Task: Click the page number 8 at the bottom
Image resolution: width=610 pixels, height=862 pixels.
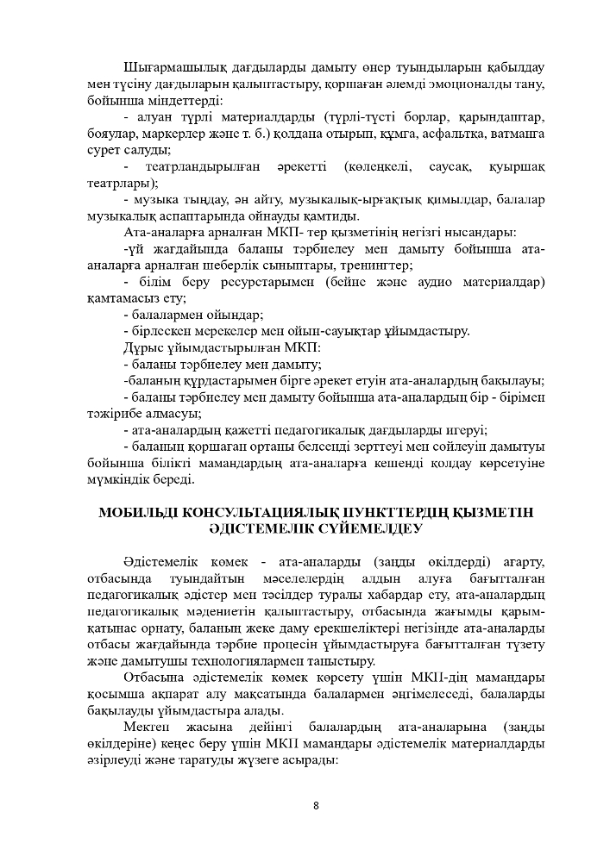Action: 316,806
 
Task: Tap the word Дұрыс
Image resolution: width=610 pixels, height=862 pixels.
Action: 144,347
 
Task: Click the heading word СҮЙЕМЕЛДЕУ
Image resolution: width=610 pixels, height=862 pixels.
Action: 372,529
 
